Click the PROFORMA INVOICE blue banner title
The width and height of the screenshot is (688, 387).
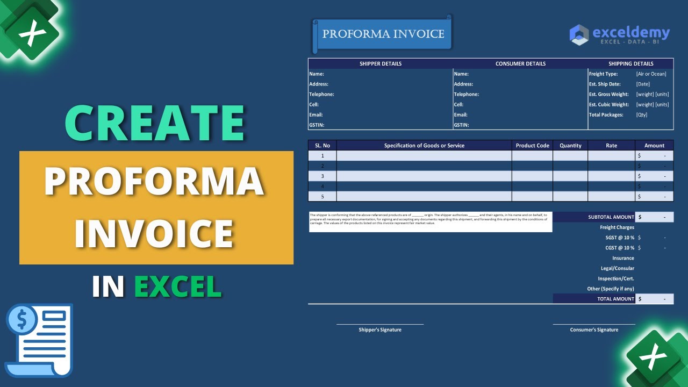click(383, 34)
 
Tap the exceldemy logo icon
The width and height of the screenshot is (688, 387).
click(579, 34)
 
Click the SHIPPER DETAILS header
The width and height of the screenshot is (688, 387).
click(381, 63)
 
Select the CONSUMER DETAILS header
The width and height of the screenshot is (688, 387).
click(520, 63)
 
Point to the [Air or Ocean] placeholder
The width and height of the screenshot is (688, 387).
click(651, 74)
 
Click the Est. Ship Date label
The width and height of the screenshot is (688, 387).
click(605, 84)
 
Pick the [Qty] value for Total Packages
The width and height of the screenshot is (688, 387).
click(642, 115)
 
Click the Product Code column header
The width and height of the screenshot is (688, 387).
click(532, 146)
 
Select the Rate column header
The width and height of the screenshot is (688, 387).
click(611, 146)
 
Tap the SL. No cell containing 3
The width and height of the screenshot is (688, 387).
click(322, 176)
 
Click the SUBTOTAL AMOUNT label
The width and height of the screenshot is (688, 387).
click(611, 217)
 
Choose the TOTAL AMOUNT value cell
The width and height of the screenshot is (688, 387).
click(654, 299)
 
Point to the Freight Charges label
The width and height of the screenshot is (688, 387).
click(617, 227)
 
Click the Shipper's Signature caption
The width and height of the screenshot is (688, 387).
click(380, 330)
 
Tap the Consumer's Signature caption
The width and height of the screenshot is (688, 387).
click(594, 330)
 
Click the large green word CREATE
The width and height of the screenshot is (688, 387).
click(155, 123)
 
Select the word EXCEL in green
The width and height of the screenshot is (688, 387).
click(177, 286)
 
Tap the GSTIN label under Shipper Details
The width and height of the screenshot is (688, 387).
click(317, 125)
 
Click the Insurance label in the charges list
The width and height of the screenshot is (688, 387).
click(623, 258)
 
